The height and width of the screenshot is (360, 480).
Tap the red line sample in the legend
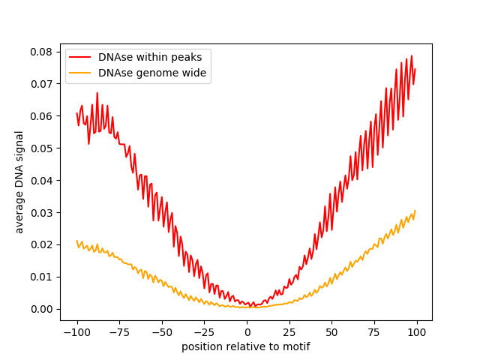click(x=81, y=57)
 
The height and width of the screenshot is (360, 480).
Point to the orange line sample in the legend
click(x=81, y=73)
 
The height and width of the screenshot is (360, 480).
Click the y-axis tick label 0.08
click(x=40, y=52)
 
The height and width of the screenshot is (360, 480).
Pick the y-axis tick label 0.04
click(x=40, y=181)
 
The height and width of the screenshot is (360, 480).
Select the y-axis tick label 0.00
click(x=40, y=309)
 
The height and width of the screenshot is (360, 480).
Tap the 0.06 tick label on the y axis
click(x=40, y=116)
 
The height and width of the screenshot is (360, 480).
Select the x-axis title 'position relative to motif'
click(x=246, y=346)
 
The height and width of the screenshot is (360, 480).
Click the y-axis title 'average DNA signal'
click(x=19, y=181)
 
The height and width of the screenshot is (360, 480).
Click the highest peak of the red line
click(x=411, y=56)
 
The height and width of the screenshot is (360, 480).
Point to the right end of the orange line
click(x=415, y=211)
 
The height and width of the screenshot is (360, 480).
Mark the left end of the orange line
click(x=76, y=241)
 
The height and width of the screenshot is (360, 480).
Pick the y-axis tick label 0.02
click(x=40, y=244)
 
